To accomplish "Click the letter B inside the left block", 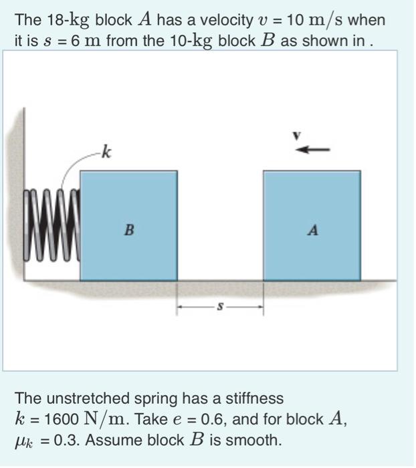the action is (x=129, y=230).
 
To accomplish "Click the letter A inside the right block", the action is (x=312, y=231).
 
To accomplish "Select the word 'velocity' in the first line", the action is (x=196, y=20).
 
